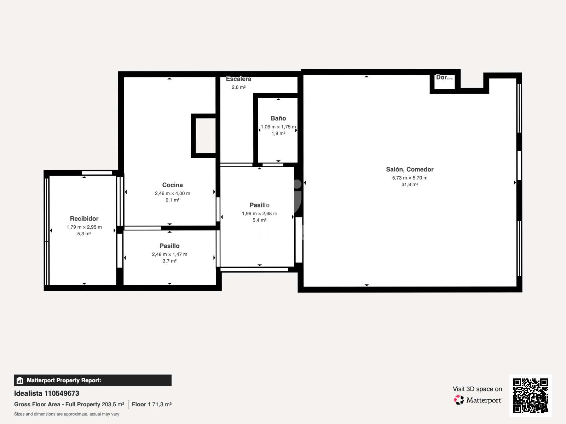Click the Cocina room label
[x=172, y=185]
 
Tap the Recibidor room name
[x=84, y=219]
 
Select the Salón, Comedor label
[x=410, y=169]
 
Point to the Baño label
[x=278, y=118]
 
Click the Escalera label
[x=238, y=79]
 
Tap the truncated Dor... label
[x=444, y=77]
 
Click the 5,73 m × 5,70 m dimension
[x=410, y=178]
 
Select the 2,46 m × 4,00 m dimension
[x=172, y=193]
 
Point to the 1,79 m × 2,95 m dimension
[x=84, y=227]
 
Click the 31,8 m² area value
[x=410, y=184]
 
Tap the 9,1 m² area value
[x=172, y=200]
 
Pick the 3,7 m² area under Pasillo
[x=169, y=261]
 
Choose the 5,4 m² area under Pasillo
[x=259, y=220]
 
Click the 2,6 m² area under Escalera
[x=238, y=87]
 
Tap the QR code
[x=530, y=396]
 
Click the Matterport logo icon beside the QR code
[x=458, y=400]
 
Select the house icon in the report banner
[x=20, y=380]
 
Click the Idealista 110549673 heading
[x=47, y=393]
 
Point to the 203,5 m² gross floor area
[x=113, y=405]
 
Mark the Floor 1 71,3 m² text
[x=152, y=405]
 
